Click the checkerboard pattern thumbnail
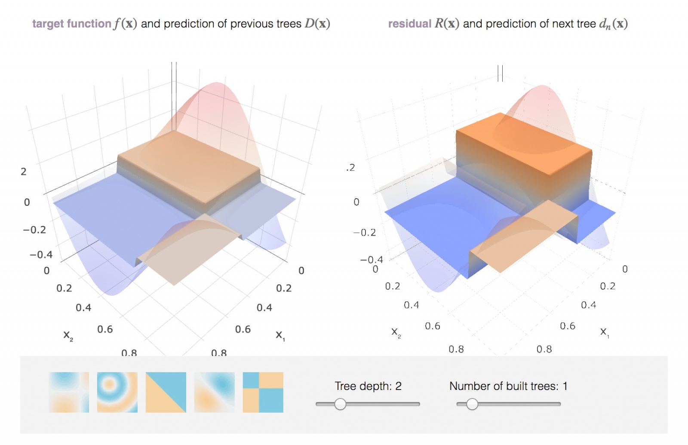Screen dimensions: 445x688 point(263,392)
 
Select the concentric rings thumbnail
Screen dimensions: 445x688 point(117,392)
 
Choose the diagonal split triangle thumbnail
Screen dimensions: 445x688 point(166,392)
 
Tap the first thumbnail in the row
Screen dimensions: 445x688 point(69,392)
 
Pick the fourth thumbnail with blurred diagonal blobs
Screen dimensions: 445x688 point(215,392)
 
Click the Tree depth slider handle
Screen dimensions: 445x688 point(340,404)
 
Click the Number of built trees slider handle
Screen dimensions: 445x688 point(472,404)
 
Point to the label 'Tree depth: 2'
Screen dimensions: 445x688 point(368,386)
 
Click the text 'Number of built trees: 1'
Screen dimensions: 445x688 point(508,386)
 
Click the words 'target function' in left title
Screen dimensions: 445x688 point(72,24)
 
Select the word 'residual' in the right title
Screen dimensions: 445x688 point(409,24)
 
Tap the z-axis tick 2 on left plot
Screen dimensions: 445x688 point(24,172)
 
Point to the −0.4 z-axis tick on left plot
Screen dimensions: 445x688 point(41,255)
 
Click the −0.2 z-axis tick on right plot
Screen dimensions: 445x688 point(365,233)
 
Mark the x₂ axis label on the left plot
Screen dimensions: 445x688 point(68,335)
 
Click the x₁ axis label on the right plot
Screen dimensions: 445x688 point(604,332)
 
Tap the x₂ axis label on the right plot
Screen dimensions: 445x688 point(396,332)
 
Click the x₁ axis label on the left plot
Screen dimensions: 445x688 point(280,335)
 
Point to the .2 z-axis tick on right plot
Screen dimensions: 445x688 point(351,168)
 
